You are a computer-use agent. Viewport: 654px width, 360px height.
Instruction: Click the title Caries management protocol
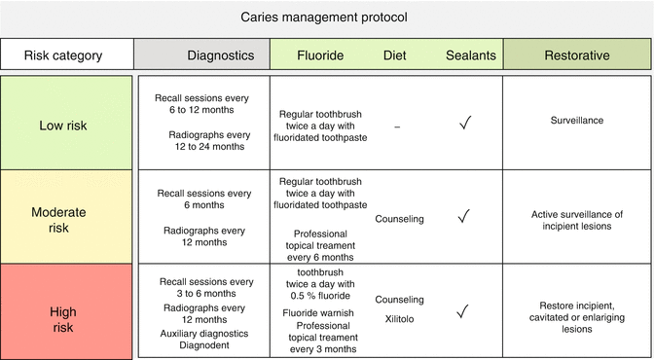(x=326, y=18)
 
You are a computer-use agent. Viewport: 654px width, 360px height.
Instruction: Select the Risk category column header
(x=64, y=55)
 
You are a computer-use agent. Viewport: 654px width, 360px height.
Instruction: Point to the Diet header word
(x=398, y=55)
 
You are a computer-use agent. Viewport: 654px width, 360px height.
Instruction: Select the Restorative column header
(x=577, y=55)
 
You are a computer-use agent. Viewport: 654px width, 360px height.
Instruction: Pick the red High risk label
(x=65, y=312)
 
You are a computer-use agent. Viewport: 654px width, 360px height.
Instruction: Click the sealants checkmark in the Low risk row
(x=465, y=123)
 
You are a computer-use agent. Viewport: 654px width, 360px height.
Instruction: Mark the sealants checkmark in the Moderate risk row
(x=465, y=216)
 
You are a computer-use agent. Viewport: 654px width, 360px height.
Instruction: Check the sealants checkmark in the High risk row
(x=465, y=311)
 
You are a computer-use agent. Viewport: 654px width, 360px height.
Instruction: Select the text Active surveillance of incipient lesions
(x=577, y=219)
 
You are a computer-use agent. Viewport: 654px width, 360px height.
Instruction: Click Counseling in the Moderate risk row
(x=399, y=219)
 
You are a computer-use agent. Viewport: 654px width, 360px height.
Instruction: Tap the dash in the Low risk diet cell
(x=398, y=124)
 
